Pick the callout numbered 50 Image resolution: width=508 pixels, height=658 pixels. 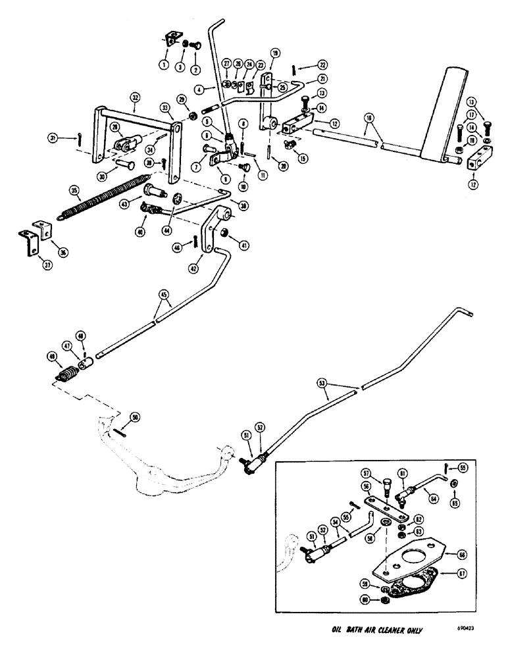(136, 417)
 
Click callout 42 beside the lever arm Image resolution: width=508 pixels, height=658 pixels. (193, 268)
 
